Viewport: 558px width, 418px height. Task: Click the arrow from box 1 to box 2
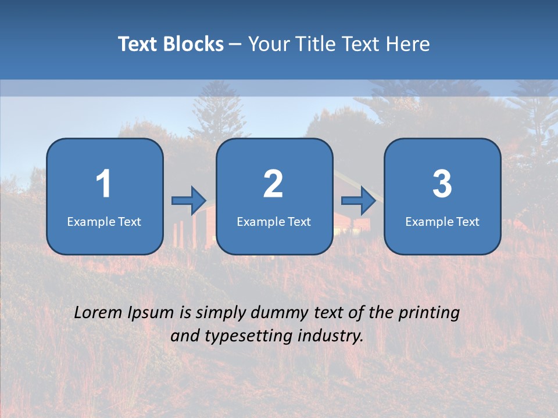pos(189,201)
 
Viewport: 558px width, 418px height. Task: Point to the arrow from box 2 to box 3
pos(359,201)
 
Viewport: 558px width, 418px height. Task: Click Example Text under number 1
pos(104,222)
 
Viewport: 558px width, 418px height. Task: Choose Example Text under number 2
pos(274,222)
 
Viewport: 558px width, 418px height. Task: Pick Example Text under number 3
pos(442,222)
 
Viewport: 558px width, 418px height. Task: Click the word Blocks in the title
pos(193,44)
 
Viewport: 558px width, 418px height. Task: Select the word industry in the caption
pos(331,336)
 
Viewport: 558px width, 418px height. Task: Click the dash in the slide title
pos(236,44)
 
